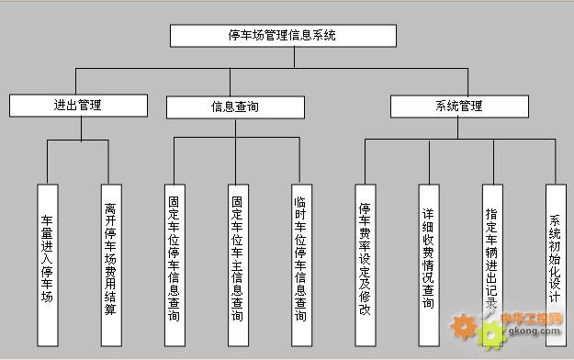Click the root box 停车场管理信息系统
click(283, 36)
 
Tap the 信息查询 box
click(234, 107)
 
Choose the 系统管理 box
click(459, 107)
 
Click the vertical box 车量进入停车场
click(48, 262)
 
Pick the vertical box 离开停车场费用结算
click(110, 262)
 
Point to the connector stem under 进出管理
click(81, 128)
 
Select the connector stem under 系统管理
click(459, 128)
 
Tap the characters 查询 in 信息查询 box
click(247, 107)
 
